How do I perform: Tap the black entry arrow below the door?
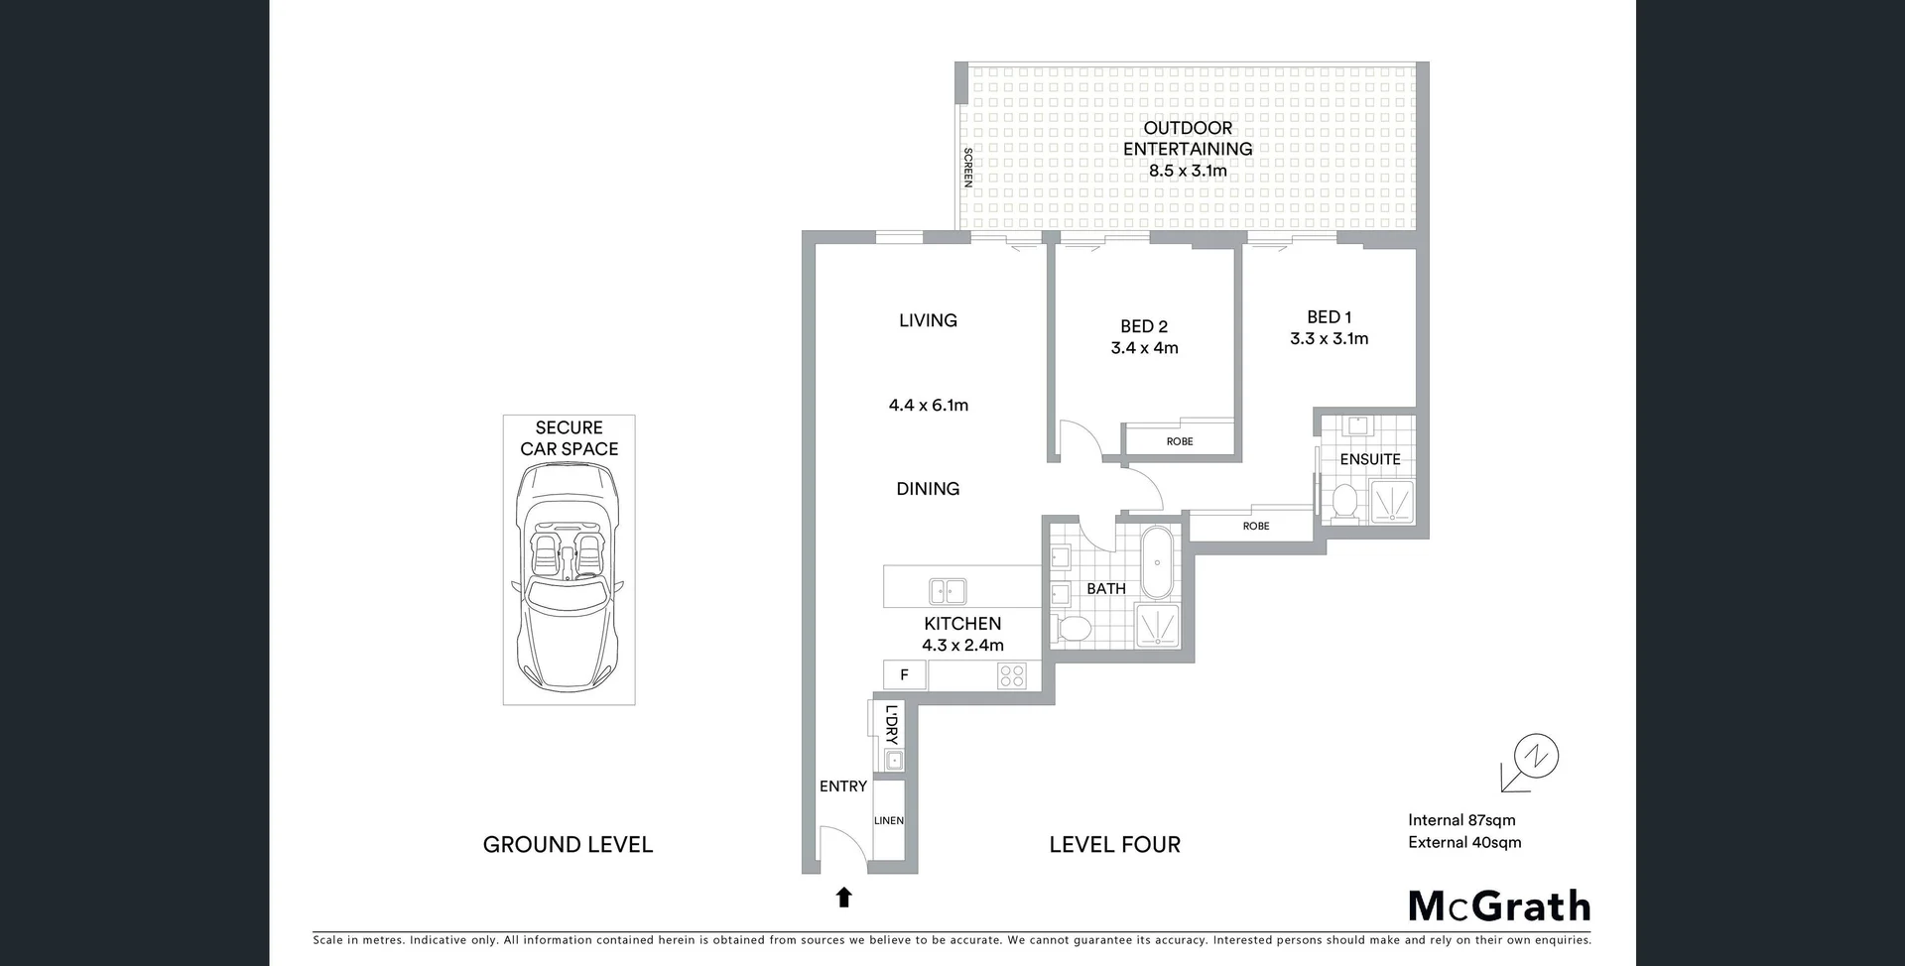click(844, 898)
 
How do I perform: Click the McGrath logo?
click(1499, 906)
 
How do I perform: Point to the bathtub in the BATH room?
click(1157, 562)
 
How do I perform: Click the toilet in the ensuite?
click(1345, 501)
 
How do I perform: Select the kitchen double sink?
click(948, 592)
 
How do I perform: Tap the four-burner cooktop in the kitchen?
click(1012, 676)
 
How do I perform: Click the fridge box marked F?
click(904, 675)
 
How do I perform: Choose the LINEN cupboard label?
click(889, 820)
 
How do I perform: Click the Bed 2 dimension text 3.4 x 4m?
click(1144, 348)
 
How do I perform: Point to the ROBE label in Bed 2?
click(1180, 441)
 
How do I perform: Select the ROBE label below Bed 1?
click(1256, 526)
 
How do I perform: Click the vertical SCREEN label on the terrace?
click(968, 167)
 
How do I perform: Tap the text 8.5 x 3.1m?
click(1188, 171)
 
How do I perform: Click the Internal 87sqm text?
click(1461, 820)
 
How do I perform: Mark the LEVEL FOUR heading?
click(1115, 845)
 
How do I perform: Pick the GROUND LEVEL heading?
click(568, 845)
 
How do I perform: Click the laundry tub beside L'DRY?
click(894, 761)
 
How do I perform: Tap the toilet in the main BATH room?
click(1073, 628)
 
